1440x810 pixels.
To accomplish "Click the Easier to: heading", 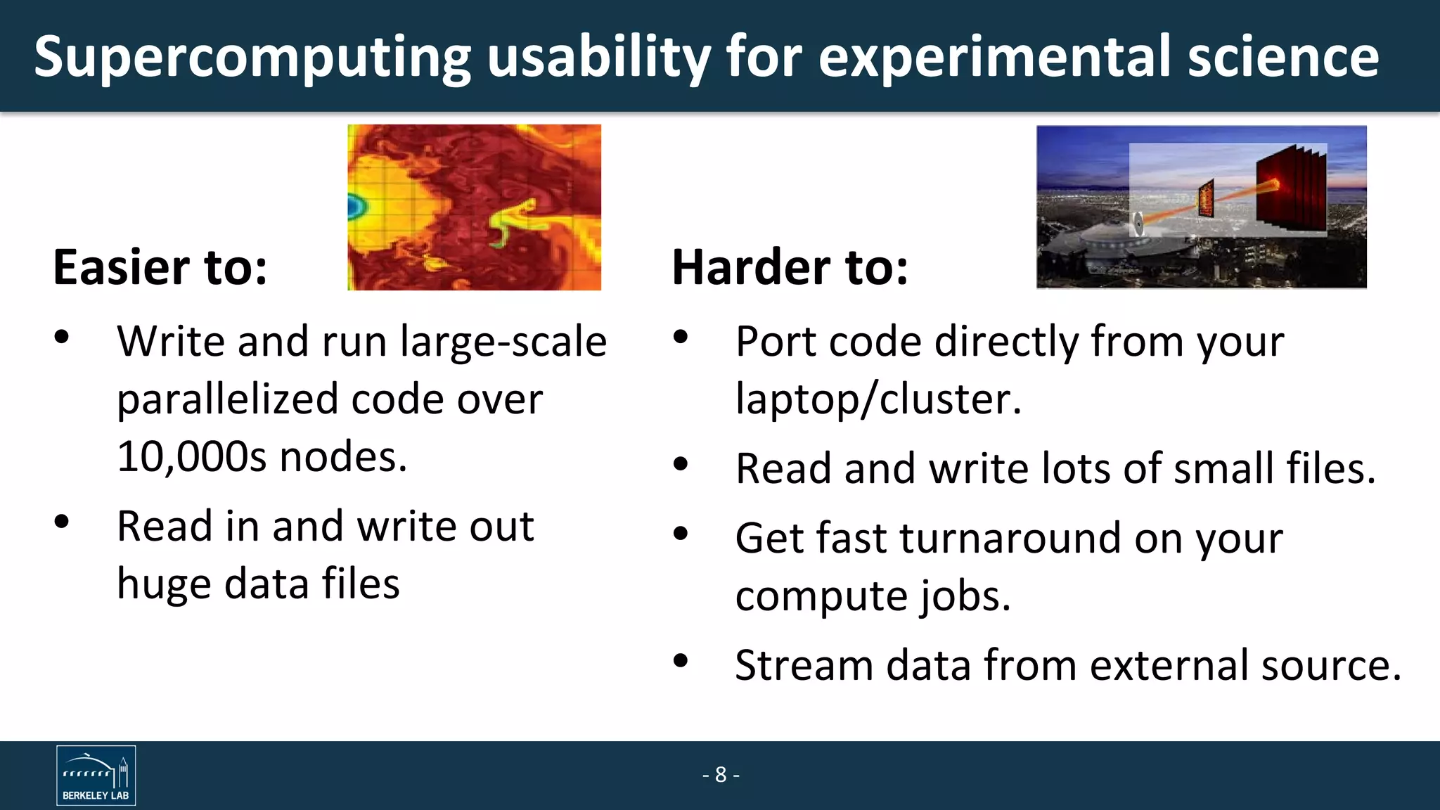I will point(160,267).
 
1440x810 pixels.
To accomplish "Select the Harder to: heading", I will point(790,267).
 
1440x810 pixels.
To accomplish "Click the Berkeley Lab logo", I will point(96,775).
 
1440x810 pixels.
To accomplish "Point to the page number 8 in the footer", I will point(721,774).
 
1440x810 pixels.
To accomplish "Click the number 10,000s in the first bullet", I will point(191,457).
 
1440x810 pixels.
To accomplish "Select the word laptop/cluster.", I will point(877,399).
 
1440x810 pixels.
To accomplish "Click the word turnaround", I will point(1010,539).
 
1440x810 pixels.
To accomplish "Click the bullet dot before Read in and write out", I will point(62,522).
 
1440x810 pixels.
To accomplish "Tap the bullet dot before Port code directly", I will point(680,337).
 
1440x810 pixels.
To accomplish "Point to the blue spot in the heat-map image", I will point(355,206).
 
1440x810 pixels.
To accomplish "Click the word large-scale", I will point(503,342).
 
